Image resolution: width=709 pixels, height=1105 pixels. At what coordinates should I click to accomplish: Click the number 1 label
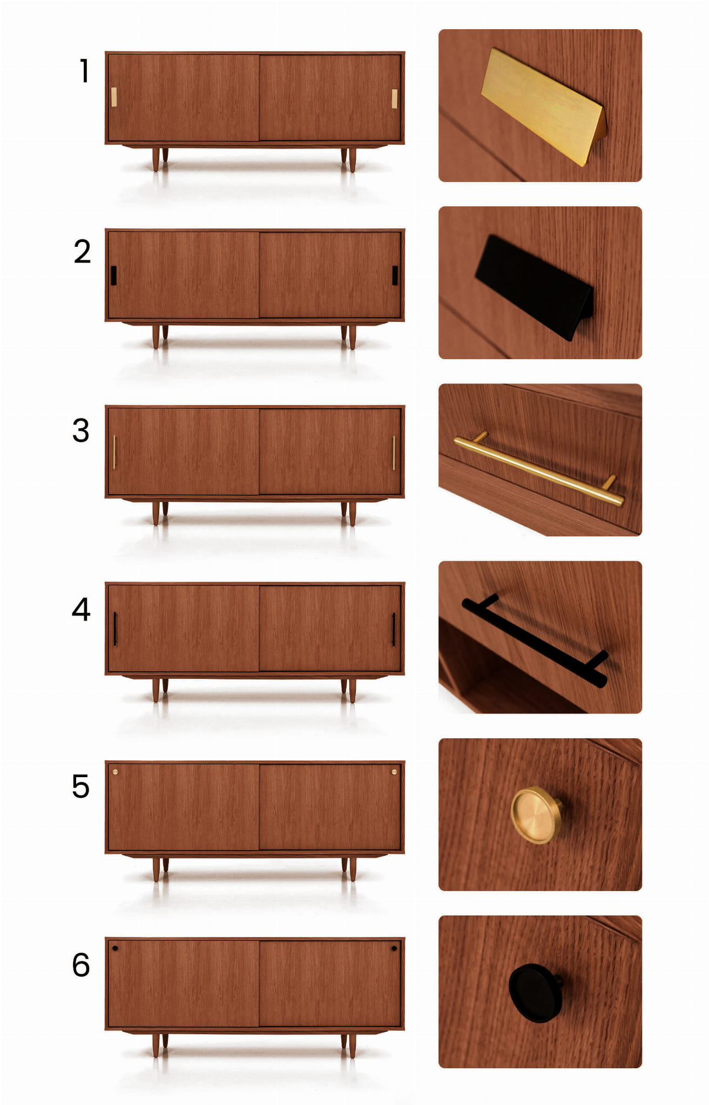[84, 71]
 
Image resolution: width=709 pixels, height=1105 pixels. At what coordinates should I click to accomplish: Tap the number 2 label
[82, 252]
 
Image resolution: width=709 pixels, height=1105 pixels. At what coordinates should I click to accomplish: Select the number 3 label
[81, 430]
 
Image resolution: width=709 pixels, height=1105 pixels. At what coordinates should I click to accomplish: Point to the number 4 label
[81, 609]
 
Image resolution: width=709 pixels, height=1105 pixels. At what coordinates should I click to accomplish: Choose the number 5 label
[81, 786]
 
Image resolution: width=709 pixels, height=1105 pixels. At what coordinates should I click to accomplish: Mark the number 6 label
[81, 965]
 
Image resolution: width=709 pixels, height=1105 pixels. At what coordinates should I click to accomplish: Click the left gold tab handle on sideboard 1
[114, 97]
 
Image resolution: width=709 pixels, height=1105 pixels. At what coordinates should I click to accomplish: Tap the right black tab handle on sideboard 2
[395, 275]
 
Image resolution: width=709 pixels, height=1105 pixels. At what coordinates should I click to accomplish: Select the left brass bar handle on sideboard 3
[114, 453]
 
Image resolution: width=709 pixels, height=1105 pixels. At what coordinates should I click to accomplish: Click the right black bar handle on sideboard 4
[393, 629]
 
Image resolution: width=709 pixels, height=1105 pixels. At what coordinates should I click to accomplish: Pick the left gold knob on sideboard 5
[115, 772]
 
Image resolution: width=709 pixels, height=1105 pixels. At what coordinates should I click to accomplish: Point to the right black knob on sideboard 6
[394, 948]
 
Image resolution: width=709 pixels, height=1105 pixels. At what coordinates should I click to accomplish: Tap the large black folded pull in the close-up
[535, 288]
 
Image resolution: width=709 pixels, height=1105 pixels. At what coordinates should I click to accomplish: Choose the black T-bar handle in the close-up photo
[535, 641]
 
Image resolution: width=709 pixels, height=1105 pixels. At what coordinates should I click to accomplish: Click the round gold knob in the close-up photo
[537, 816]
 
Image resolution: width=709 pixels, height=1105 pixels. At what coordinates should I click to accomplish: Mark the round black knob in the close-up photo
[536, 993]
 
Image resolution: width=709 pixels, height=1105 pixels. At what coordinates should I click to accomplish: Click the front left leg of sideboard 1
[156, 159]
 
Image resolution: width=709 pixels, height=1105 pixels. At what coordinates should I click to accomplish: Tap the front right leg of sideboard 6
[352, 1046]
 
